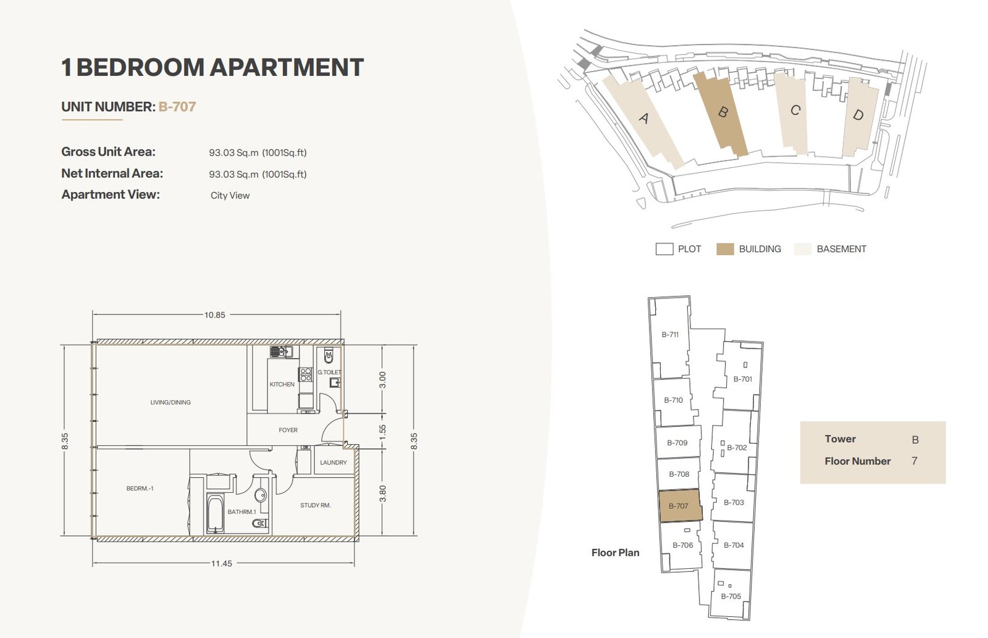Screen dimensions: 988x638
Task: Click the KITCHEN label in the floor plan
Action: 282,384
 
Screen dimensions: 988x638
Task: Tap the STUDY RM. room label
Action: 316,505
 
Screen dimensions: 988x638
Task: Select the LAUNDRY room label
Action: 333,463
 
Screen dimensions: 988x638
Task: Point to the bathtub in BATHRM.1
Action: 216,514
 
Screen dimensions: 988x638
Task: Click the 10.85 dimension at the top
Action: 215,315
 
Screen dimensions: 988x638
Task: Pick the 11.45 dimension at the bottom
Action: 222,563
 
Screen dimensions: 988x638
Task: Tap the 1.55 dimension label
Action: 382,432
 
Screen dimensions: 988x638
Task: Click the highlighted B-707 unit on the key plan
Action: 680,506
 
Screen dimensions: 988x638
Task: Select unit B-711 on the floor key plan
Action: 670,335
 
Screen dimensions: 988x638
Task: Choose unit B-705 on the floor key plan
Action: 731,596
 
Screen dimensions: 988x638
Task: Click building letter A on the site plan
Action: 644,118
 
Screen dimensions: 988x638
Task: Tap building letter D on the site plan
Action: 858,115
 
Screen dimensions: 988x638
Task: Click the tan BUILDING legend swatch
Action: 725,250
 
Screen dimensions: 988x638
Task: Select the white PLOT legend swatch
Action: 664,250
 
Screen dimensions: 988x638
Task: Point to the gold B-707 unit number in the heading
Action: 177,107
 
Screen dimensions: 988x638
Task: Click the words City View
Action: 230,195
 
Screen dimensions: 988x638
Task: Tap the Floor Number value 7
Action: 915,461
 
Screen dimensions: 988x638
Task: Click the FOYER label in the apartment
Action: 288,430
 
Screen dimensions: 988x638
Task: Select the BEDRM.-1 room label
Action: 140,489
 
